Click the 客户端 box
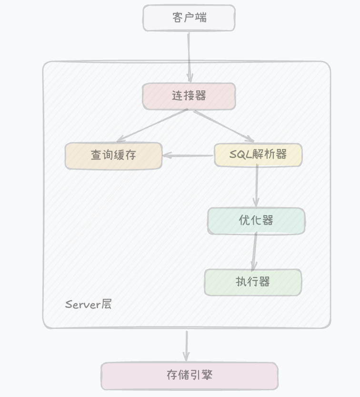tap(189, 18)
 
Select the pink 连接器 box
tap(189, 96)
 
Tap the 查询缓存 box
tap(113, 156)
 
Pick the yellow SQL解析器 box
tap(258, 155)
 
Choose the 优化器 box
tap(256, 221)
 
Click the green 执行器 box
tap(253, 282)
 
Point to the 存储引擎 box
tap(189, 376)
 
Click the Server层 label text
tap(89, 305)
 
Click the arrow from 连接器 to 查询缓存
tap(152, 126)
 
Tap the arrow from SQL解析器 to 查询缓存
tap(188, 155)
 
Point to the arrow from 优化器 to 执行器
tap(255, 252)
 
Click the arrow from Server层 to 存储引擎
tap(186, 346)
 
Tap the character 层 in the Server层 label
tap(106, 305)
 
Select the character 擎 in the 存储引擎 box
tap(207, 375)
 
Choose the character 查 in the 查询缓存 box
tap(96, 156)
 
